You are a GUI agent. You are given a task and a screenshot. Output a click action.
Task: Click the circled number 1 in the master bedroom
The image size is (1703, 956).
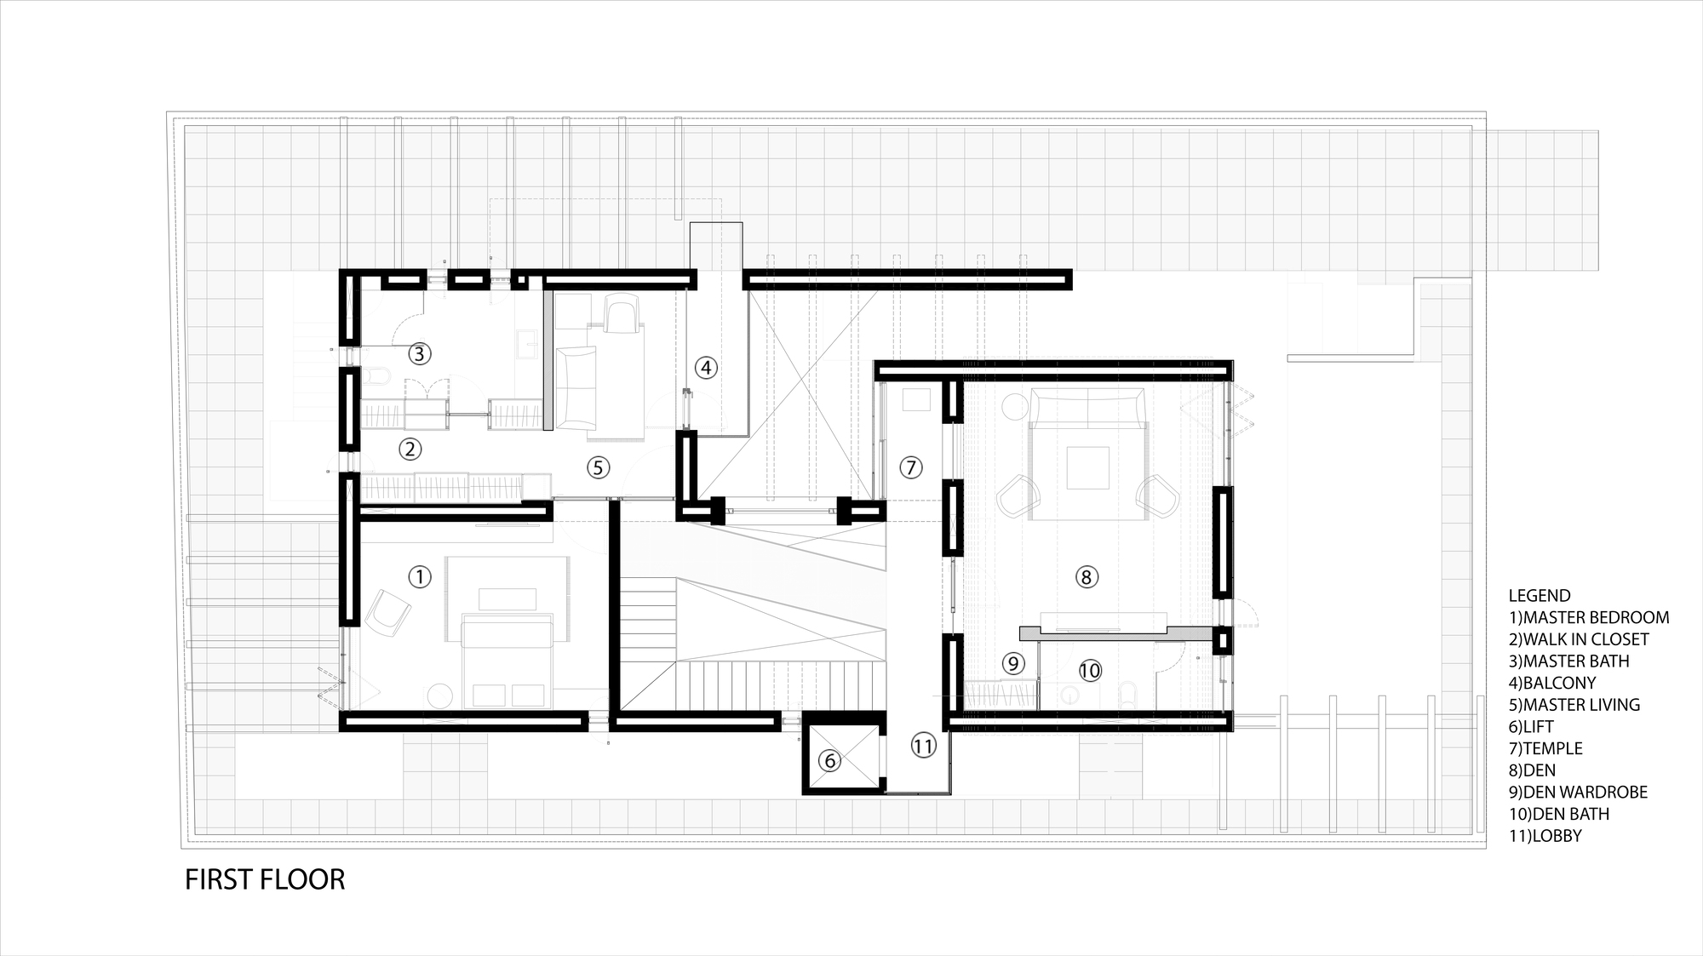(x=419, y=577)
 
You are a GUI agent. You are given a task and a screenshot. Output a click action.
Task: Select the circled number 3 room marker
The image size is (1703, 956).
(x=418, y=352)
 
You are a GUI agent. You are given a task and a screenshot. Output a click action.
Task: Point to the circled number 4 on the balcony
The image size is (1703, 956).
(x=705, y=368)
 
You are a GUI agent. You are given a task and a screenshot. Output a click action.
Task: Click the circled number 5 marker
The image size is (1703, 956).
(x=598, y=467)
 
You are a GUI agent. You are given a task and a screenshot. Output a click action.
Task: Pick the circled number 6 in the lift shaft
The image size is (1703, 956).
(x=829, y=760)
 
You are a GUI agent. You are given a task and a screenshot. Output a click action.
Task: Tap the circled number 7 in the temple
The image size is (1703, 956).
(x=910, y=467)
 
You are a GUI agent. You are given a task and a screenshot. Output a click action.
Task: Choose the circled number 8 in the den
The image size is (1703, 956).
(x=1086, y=577)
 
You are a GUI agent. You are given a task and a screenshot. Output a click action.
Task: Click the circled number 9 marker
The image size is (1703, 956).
(x=1012, y=663)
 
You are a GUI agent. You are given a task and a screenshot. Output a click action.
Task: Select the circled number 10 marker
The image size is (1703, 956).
(x=1090, y=671)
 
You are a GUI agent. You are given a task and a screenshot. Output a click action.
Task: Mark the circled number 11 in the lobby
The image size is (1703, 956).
(x=923, y=746)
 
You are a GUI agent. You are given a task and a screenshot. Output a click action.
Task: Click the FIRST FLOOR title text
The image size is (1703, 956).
(x=265, y=879)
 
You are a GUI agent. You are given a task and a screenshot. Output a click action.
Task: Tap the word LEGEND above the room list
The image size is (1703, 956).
(x=1540, y=596)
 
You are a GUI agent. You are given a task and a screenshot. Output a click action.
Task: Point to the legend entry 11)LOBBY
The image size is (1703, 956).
(x=1545, y=836)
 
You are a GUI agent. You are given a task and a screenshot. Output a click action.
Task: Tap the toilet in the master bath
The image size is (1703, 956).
(x=377, y=375)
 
